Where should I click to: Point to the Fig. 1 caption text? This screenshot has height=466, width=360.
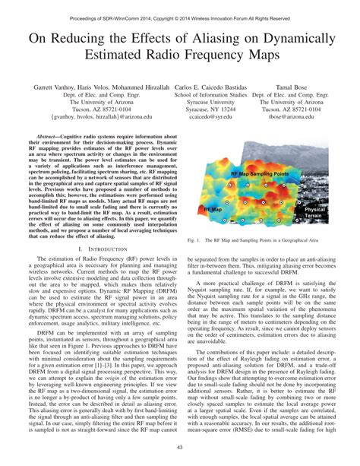pos(250,218)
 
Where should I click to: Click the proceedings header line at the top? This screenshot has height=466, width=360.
pos(180,6)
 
